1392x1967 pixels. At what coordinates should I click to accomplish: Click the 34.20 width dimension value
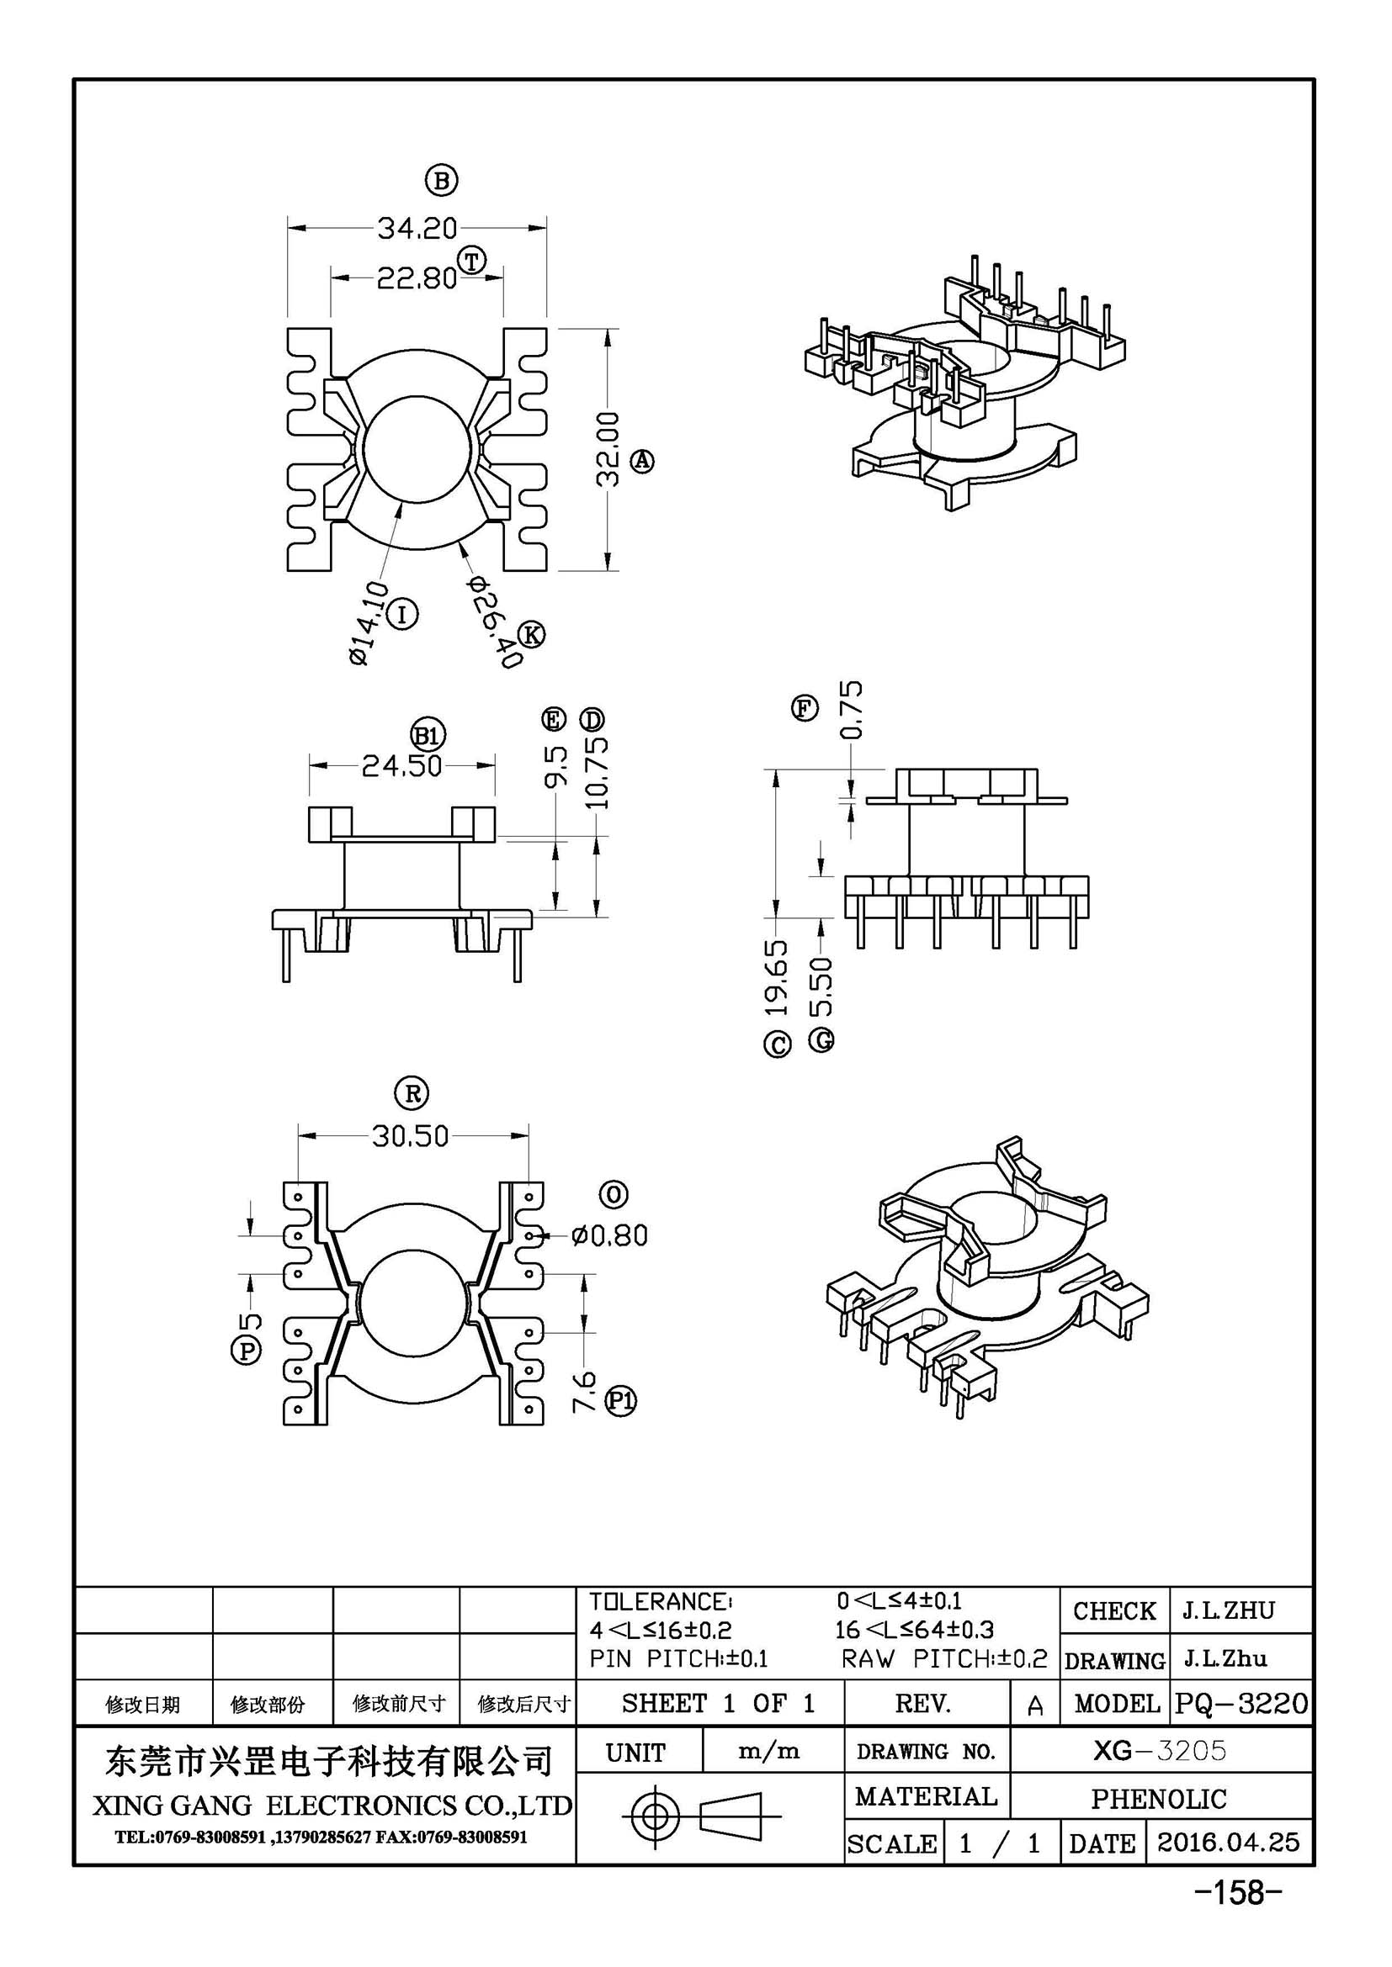417,228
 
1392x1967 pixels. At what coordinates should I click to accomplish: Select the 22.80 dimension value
417,278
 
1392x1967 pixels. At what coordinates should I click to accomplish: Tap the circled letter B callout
442,181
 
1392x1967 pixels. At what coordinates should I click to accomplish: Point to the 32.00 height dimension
608,449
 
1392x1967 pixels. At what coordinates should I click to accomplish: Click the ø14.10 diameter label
369,623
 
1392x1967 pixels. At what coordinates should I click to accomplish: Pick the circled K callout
531,635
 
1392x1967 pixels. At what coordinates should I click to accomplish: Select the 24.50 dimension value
401,765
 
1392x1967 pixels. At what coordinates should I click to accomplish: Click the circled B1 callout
428,734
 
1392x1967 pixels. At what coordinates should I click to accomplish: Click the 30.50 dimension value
411,1136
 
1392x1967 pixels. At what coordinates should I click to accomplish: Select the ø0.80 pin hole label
609,1235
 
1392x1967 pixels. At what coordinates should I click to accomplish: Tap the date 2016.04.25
1228,1841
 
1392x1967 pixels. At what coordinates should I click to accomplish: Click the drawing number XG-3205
1160,1750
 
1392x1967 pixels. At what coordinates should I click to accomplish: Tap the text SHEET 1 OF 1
718,1703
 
